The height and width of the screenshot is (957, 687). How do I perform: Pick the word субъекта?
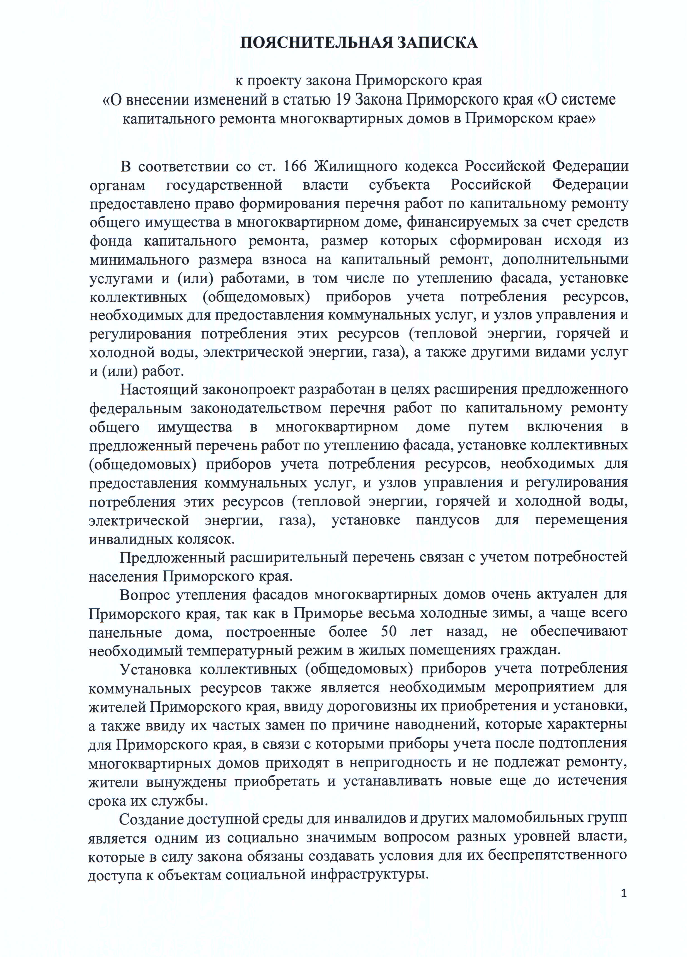[x=399, y=185]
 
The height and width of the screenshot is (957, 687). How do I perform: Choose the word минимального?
[x=139, y=259]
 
